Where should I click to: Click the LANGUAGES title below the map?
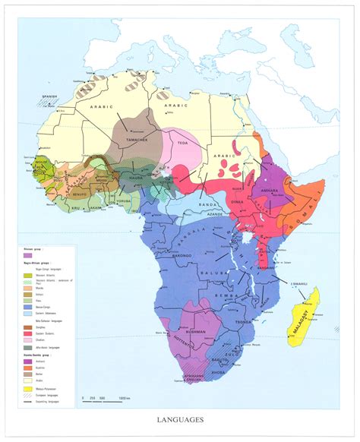click(x=180, y=418)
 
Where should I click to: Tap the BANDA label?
click(x=198, y=202)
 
